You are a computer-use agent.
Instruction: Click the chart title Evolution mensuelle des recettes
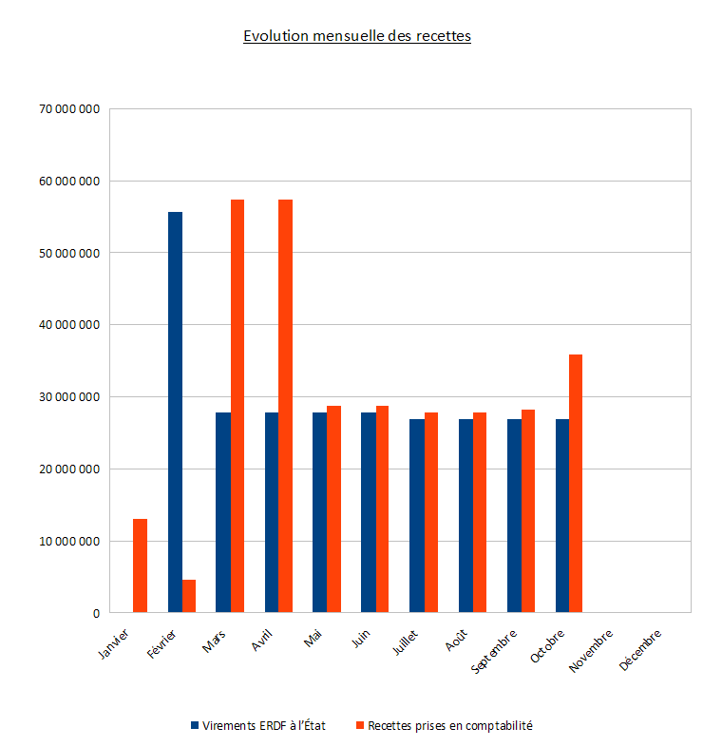coord(357,37)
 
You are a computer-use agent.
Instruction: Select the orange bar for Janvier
coord(140,565)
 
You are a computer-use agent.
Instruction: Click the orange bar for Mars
coord(237,406)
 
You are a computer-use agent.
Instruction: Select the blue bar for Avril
coord(272,512)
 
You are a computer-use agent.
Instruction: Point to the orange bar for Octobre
coord(576,484)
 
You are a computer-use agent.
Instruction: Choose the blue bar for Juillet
coord(417,516)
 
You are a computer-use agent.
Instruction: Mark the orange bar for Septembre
coord(528,510)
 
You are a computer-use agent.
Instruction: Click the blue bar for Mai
coord(320,512)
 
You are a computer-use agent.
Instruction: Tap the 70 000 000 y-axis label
coord(69,109)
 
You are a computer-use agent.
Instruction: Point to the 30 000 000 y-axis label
coord(69,397)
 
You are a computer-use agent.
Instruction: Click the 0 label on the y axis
coord(96,614)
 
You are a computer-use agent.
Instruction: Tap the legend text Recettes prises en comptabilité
coord(450,725)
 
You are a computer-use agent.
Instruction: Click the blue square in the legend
coord(195,725)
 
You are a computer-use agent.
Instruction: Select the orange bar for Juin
coord(382,509)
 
